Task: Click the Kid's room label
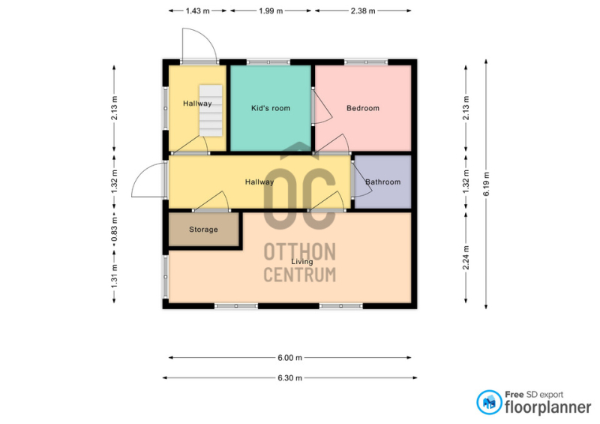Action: tap(271, 108)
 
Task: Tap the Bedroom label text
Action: tap(363, 108)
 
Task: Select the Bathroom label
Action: tap(382, 182)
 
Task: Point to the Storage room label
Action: tap(203, 230)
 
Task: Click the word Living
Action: tap(302, 262)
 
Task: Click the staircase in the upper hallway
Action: tap(211, 110)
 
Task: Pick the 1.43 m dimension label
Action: tap(197, 11)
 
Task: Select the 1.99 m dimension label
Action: tap(271, 11)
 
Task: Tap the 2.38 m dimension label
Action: tap(363, 11)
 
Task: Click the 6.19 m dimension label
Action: tap(486, 184)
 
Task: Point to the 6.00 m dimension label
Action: tap(289, 358)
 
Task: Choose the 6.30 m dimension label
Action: tap(289, 378)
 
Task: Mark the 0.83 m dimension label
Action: tap(114, 230)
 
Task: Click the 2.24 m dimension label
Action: tap(466, 257)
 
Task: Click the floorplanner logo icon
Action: tap(489, 402)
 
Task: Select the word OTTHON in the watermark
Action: tap(299, 252)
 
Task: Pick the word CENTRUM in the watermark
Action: tap(299, 275)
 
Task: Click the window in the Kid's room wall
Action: tap(268, 62)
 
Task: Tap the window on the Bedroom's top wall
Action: tap(366, 62)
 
